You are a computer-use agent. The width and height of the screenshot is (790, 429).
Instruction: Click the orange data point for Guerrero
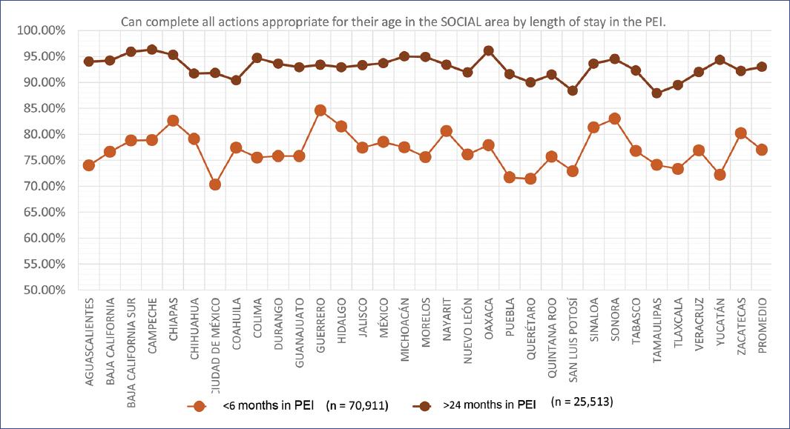(x=320, y=110)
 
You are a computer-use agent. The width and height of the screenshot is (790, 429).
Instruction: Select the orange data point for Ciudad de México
(x=215, y=184)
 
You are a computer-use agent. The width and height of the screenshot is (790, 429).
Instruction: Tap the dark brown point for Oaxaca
(x=488, y=51)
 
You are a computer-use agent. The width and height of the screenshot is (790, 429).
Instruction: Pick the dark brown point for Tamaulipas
(x=656, y=93)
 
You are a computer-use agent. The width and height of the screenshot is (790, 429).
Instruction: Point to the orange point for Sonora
(x=614, y=119)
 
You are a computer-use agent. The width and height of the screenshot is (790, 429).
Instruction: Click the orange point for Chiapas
(x=173, y=121)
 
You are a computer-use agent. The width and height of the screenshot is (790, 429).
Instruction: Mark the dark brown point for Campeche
(x=152, y=50)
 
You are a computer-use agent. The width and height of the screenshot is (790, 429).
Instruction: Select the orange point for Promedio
(x=761, y=150)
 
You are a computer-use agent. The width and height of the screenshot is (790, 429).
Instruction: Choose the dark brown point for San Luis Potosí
(x=572, y=90)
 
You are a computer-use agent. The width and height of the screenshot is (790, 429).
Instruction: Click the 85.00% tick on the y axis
(x=45, y=108)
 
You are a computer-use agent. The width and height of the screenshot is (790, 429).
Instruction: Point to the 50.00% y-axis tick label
(x=45, y=290)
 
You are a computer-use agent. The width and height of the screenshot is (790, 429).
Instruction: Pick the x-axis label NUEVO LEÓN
(x=467, y=327)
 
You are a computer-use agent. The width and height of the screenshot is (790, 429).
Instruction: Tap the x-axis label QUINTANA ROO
(x=551, y=330)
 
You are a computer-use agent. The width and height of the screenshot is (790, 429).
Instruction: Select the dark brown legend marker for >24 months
(x=424, y=406)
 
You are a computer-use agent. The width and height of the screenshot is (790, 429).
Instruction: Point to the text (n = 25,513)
(x=582, y=403)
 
